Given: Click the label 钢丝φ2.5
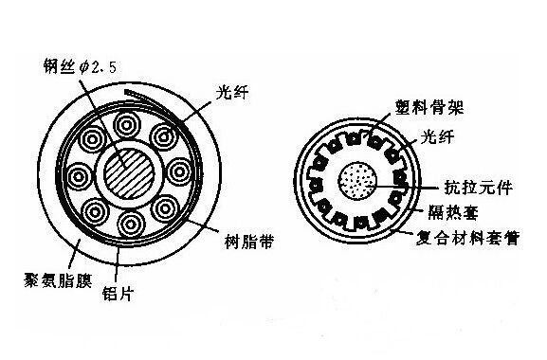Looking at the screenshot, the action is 80,66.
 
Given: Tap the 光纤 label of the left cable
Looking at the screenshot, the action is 232,93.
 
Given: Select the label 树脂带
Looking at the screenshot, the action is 248,242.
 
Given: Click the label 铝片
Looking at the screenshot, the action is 118,294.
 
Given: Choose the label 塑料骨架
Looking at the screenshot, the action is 429,107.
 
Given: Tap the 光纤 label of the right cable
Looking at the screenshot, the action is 437,137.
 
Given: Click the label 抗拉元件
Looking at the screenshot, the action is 479,188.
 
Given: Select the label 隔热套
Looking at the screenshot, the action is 453,212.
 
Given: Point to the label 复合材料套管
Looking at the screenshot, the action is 468,239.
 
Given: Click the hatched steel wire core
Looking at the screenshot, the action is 130,173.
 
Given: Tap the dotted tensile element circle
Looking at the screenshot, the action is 357,181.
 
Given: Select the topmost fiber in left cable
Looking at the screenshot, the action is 127,125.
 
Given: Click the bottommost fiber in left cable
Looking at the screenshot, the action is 132,225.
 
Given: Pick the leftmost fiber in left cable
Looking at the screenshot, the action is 79,177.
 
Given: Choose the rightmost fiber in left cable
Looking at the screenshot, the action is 179,171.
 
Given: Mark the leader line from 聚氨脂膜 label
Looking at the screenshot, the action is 73,253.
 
